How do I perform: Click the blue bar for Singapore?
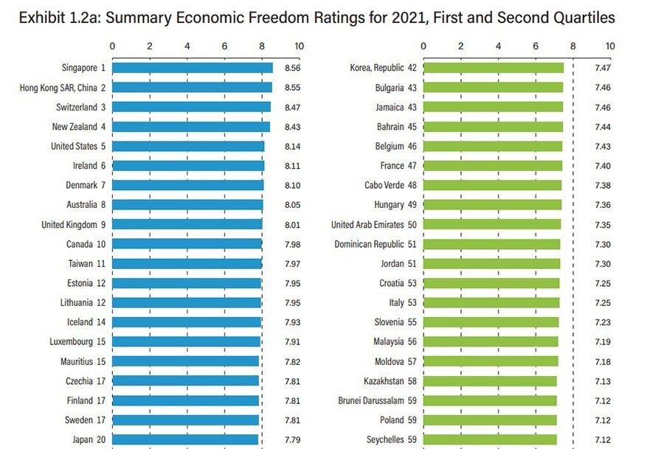(192, 68)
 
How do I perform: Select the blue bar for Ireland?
(188, 166)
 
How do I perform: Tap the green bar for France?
(493, 166)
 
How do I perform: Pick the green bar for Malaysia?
(491, 341)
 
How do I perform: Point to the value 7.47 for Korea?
(603, 68)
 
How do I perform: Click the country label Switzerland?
(76, 107)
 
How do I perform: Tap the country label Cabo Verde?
(384, 185)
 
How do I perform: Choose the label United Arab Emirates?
(367, 224)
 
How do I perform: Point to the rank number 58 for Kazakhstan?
(412, 380)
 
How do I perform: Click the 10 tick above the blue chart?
(299, 46)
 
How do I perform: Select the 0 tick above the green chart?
(423, 46)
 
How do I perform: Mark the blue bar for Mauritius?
(186, 361)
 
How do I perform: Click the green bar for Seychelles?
(490, 439)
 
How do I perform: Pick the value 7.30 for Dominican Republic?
(603, 244)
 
